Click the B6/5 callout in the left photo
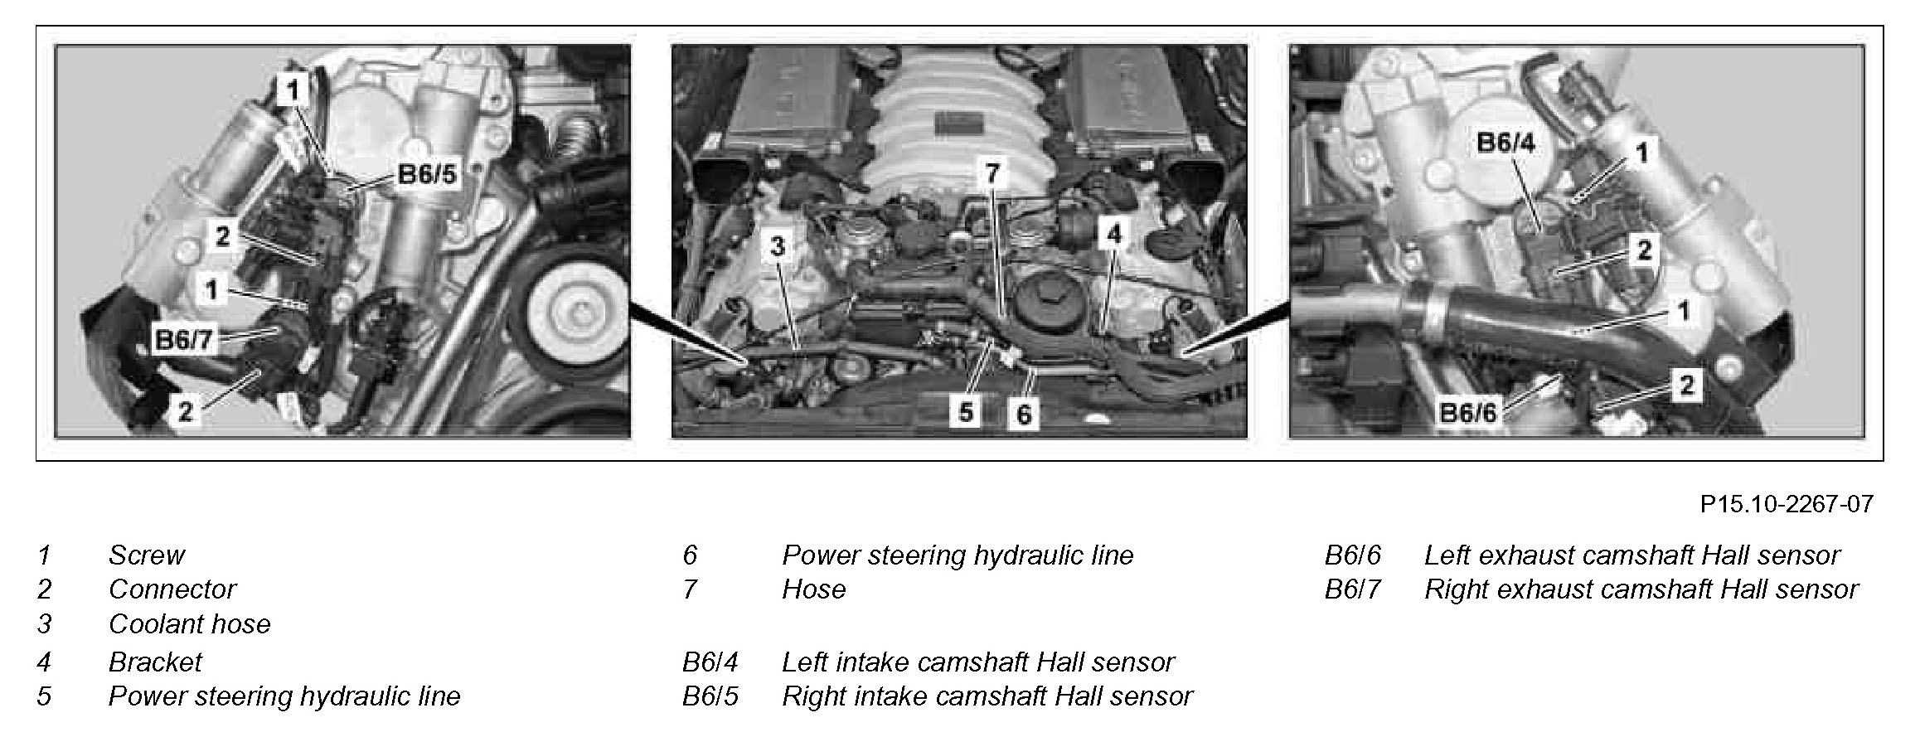click(427, 176)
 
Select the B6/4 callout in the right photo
click(1505, 143)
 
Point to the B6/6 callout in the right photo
click(1468, 412)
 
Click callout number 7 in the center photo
click(992, 173)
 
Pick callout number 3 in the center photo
click(777, 246)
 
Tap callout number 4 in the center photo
click(1113, 235)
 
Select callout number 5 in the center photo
click(966, 412)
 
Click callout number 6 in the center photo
click(1024, 414)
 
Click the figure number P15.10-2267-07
click(1787, 504)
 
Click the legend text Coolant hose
click(190, 624)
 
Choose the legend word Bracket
click(155, 662)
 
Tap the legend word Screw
click(147, 555)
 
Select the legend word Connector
click(172, 589)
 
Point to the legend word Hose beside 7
click(813, 589)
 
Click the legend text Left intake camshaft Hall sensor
click(978, 662)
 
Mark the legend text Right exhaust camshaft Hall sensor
click(1641, 589)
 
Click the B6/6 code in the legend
click(1353, 555)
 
